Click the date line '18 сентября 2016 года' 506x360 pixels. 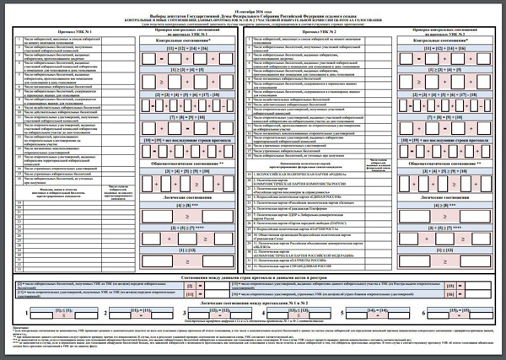point(253,7)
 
